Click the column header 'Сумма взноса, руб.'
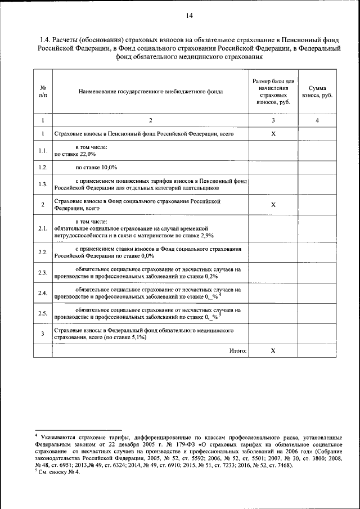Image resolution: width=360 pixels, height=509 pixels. point(317,92)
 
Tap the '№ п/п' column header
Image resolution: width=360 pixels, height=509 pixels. point(43,92)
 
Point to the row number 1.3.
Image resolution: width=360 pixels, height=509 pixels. point(43,184)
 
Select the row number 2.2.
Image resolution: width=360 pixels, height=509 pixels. point(43,251)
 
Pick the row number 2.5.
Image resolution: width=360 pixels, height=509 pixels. point(43,313)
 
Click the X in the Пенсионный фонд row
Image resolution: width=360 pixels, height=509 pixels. point(273,134)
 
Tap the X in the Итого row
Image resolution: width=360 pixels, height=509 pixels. point(273,350)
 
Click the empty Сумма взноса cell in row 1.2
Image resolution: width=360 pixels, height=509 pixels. point(317,167)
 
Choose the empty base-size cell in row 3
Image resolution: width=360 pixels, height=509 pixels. point(273,334)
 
